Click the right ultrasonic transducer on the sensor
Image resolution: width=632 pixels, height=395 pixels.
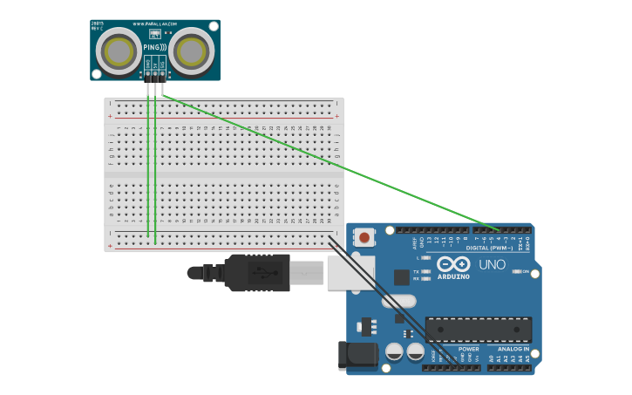191,51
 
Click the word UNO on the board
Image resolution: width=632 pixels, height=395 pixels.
493,264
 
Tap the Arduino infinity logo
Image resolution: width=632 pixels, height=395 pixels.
453,263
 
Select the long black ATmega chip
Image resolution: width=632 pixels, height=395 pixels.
479,330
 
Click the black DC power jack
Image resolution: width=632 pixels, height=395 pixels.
358,355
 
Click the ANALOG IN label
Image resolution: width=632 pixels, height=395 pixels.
513,349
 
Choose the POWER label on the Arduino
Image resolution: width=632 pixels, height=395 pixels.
468,349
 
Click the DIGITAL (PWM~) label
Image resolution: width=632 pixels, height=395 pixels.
489,248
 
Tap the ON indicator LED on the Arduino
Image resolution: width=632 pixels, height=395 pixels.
519,271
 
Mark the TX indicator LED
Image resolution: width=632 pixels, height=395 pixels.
426,271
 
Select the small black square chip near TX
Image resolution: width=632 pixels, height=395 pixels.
401,277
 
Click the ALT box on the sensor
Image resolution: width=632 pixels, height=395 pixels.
155,32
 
